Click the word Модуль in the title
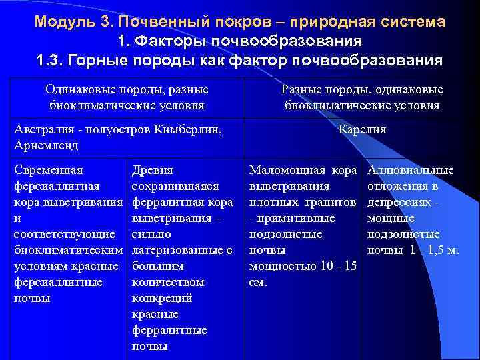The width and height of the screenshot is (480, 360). click(65, 21)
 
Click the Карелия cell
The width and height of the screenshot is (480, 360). click(362, 129)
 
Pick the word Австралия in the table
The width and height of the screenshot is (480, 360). click(44, 129)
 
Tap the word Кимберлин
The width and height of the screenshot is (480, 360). click(191, 129)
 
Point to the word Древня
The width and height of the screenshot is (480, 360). click(153, 171)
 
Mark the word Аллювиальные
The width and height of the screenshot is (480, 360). click(411, 171)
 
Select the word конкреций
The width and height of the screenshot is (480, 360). click(163, 299)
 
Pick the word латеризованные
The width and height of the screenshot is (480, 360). click(177, 251)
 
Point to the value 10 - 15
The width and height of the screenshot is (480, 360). click(336, 267)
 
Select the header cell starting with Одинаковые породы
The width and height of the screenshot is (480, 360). click(127, 97)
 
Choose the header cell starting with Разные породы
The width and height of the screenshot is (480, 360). click(362, 97)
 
